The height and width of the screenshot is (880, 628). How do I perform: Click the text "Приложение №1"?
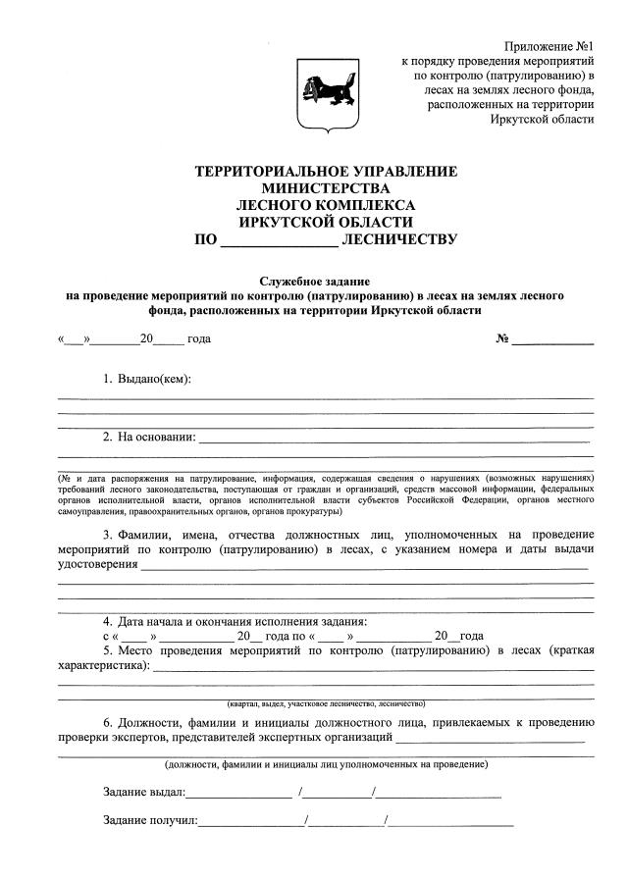(x=549, y=46)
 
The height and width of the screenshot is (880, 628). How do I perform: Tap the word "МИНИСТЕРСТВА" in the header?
(x=327, y=188)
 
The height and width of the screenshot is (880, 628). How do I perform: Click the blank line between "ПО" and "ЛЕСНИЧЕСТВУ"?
(x=279, y=240)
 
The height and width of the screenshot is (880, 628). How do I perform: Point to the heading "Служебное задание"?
(x=327, y=281)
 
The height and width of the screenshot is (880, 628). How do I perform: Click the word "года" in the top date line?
(x=199, y=339)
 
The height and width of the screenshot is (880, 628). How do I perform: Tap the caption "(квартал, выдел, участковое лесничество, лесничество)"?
(x=325, y=703)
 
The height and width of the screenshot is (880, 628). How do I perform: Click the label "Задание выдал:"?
(x=143, y=792)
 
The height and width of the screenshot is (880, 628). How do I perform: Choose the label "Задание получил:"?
(x=149, y=820)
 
